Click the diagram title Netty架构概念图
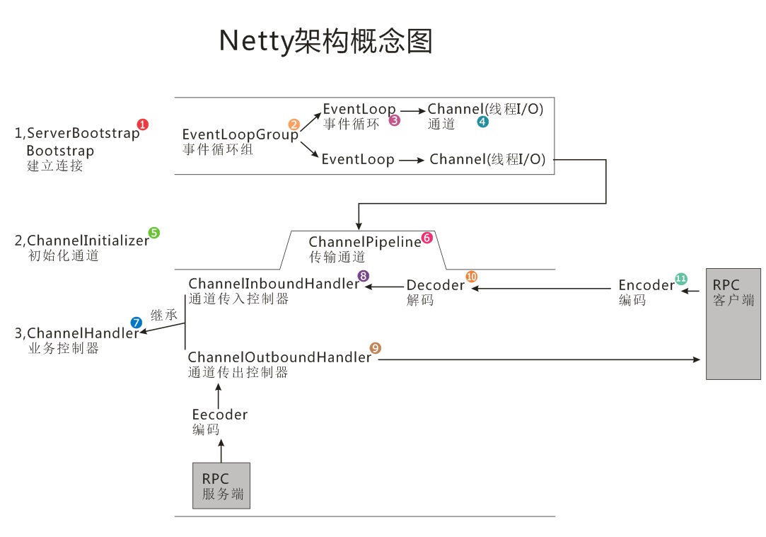(x=325, y=41)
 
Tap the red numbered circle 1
(x=143, y=125)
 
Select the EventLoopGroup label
(x=240, y=134)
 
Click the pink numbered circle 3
(x=395, y=120)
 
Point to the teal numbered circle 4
(x=482, y=122)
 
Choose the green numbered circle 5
(x=153, y=232)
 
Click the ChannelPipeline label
(x=364, y=243)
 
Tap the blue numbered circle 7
(x=136, y=322)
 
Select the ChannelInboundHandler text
(x=274, y=284)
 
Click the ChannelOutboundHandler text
(x=279, y=357)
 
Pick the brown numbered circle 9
(x=376, y=347)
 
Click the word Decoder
(x=435, y=286)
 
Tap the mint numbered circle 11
(x=681, y=278)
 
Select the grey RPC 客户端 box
(x=733, y=323)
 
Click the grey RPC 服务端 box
(x=221, y=485)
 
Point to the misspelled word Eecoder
(x=220, y=415)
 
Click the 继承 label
(x=164, y=316)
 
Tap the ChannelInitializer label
(x=88, y=241)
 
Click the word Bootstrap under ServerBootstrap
(x=60, y=151)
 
